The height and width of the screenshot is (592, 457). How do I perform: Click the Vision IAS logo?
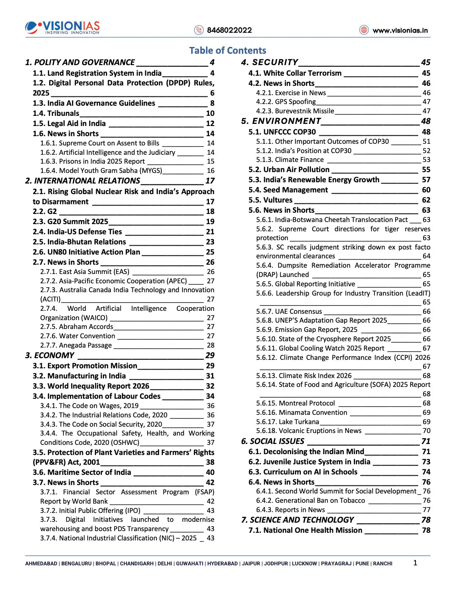click(x=63, y=27)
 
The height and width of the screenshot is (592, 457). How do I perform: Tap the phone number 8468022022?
click(x=229, y=30)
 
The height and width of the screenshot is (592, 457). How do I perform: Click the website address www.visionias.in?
click(x=400, y=30)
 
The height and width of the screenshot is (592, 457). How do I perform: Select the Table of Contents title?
click(x=228, y=51)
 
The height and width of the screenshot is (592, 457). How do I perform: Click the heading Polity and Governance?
click(x=80, y=63)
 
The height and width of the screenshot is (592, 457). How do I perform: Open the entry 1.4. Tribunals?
click(x=56, y=113)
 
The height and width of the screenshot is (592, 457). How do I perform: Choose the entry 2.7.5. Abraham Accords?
click(x=77, y=327)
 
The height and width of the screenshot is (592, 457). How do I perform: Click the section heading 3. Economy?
click(x=50, y=356)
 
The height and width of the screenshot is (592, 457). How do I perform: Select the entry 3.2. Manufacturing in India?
click(x=79, y=376)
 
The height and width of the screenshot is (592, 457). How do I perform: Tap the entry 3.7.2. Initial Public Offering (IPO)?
click(x=90, y=510)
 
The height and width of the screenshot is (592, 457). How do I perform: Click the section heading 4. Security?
click(x=270, y=63)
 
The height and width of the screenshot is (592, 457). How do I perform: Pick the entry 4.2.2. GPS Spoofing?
click(x=286, y=101)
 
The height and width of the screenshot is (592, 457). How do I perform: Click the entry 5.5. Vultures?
click(x=270, y=200)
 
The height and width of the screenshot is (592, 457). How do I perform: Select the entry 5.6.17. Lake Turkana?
click(x=287, y=422)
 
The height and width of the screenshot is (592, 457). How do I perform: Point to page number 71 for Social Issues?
click(x=426, y=441)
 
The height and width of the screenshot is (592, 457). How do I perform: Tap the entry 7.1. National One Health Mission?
click(x=305, y=530)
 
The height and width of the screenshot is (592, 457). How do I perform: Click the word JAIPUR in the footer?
click(x=251, y=564)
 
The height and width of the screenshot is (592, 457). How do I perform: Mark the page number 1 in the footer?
click(x=415, y=563)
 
